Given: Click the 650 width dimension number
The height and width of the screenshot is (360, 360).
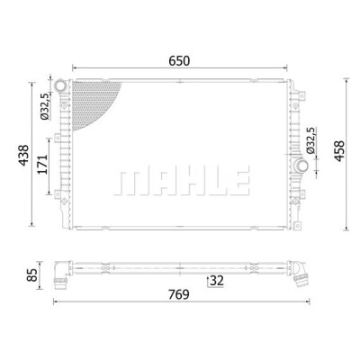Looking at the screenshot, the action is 179,61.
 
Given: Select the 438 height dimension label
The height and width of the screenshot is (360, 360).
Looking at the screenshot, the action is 23,155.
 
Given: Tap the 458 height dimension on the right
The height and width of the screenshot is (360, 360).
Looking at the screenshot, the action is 339,151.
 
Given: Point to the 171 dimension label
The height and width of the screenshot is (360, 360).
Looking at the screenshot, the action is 42,165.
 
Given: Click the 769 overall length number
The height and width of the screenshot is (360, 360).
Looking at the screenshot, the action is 179,294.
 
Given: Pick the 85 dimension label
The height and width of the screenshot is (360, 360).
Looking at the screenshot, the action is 31,275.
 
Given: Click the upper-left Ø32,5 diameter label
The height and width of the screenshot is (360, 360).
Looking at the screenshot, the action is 45,106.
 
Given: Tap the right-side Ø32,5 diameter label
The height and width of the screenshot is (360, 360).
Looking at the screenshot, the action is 310,140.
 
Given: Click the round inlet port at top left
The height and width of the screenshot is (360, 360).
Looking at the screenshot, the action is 61,85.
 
